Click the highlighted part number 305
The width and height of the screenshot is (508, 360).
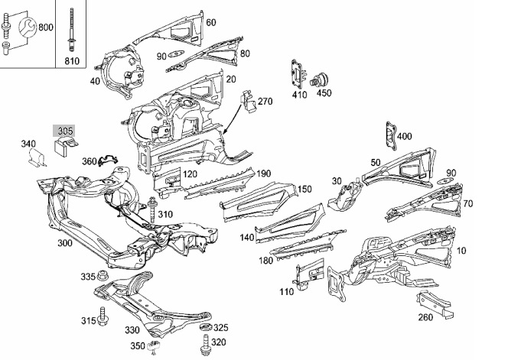(x=65, y=131)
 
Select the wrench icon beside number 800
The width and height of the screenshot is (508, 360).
(x=28, y=27)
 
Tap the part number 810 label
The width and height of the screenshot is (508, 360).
(x=72, y=61)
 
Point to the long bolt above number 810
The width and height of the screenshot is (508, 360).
(x=70, y=30)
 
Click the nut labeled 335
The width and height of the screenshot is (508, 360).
(x=103, y=275)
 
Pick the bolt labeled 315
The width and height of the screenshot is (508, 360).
(x=103, y=316)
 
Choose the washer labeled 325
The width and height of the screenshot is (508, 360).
(x=205, y=327)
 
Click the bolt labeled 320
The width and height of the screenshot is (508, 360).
(x=205, y=345)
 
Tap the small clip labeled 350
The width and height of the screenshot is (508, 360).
(x=154, y=346)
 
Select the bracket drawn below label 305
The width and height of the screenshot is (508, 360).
(x=66, y=145)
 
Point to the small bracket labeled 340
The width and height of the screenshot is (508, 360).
(x=36, y=157)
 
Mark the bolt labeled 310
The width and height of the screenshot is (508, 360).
(x=151, y=209)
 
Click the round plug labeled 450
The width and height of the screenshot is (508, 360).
(x=320, y=79)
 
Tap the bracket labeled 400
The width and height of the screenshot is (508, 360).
(x=391, y=135)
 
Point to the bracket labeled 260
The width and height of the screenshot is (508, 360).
(x=435, y=303)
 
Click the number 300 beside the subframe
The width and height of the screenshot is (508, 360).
(x=65, y=243)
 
